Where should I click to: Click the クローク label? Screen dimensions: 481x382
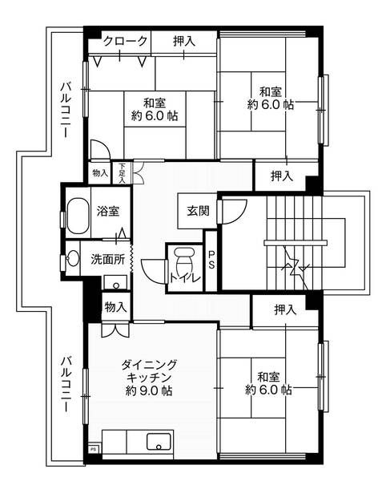click(x=125, y=41)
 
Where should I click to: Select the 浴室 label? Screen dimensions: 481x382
click(x=108, y=213)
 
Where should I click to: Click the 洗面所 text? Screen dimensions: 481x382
click(x=107, y=260)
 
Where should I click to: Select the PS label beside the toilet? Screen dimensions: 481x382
click(x=211, y=260)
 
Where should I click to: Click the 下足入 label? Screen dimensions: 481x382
click(x=122, y=173)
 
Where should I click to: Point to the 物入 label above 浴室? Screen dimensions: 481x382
click(x=99, y=173)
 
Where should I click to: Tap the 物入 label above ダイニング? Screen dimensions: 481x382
click(x=115, y=305)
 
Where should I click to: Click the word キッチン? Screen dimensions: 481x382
click(x=149, y=377)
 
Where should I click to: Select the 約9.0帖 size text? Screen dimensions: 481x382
click(x=149, y=391)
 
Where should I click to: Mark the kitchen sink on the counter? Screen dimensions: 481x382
click(x=158, y=443)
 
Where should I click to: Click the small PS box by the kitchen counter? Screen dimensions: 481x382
click(x=93, y=450)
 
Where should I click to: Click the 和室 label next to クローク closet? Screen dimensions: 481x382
click(x=155, y=108)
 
